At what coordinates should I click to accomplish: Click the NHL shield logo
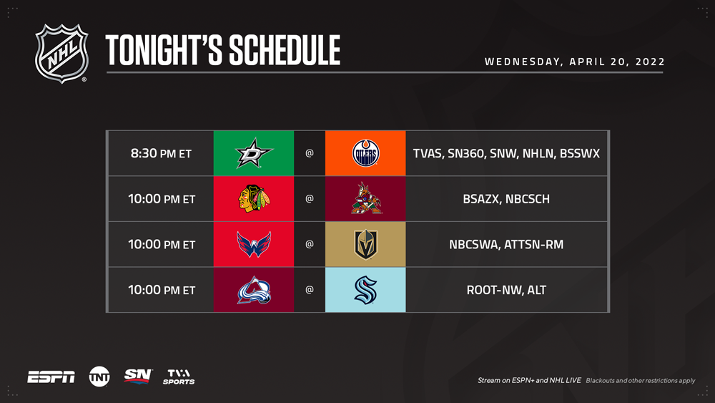pyautogui.click(x=61, y=54)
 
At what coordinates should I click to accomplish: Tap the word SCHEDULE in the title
pyautogui.click(x=285, y=50)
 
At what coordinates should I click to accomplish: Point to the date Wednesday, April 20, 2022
pyautogui.click(x=575, y=62)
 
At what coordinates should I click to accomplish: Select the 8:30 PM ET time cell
pyautogui.click(x=161, y=153)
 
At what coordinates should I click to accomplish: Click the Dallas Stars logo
pyautogui.click(x=254, y=153)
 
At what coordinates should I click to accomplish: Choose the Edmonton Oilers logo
pyautogui.click(x=365, y=153)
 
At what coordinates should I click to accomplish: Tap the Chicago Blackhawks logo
pyautogui.click(x=254, y=198)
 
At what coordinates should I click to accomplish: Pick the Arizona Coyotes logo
pyautogui.click(x=366, y=198)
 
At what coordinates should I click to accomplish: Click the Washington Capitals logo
pyautogui.click(x=254, y=244)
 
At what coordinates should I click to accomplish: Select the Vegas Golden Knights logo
pyautogui.click(x=365, y=244)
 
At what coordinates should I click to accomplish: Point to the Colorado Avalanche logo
pyautogui.click(x=254, y=290)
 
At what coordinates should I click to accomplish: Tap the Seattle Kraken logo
pyautogui.click(x=365, y=290)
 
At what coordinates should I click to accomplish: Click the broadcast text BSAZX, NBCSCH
pyautogui.click(x=506, y=199)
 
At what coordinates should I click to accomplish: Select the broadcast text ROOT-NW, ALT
pyautogui.click(x=506, y=291)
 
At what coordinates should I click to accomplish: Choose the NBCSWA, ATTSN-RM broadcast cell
pyautogui.click(x=506, y=245)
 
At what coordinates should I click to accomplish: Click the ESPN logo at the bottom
pyautogui.click(x=51, y=377)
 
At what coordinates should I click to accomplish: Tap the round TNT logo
pyautogui.click(x=99, y=377)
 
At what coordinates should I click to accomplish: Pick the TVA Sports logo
pyautogui.click(x=179, y=377)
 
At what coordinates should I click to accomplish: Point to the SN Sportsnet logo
pyautogui.click(x=138, y=377)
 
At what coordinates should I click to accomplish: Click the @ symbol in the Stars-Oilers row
pyautogui.click(x=310, y=153)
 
